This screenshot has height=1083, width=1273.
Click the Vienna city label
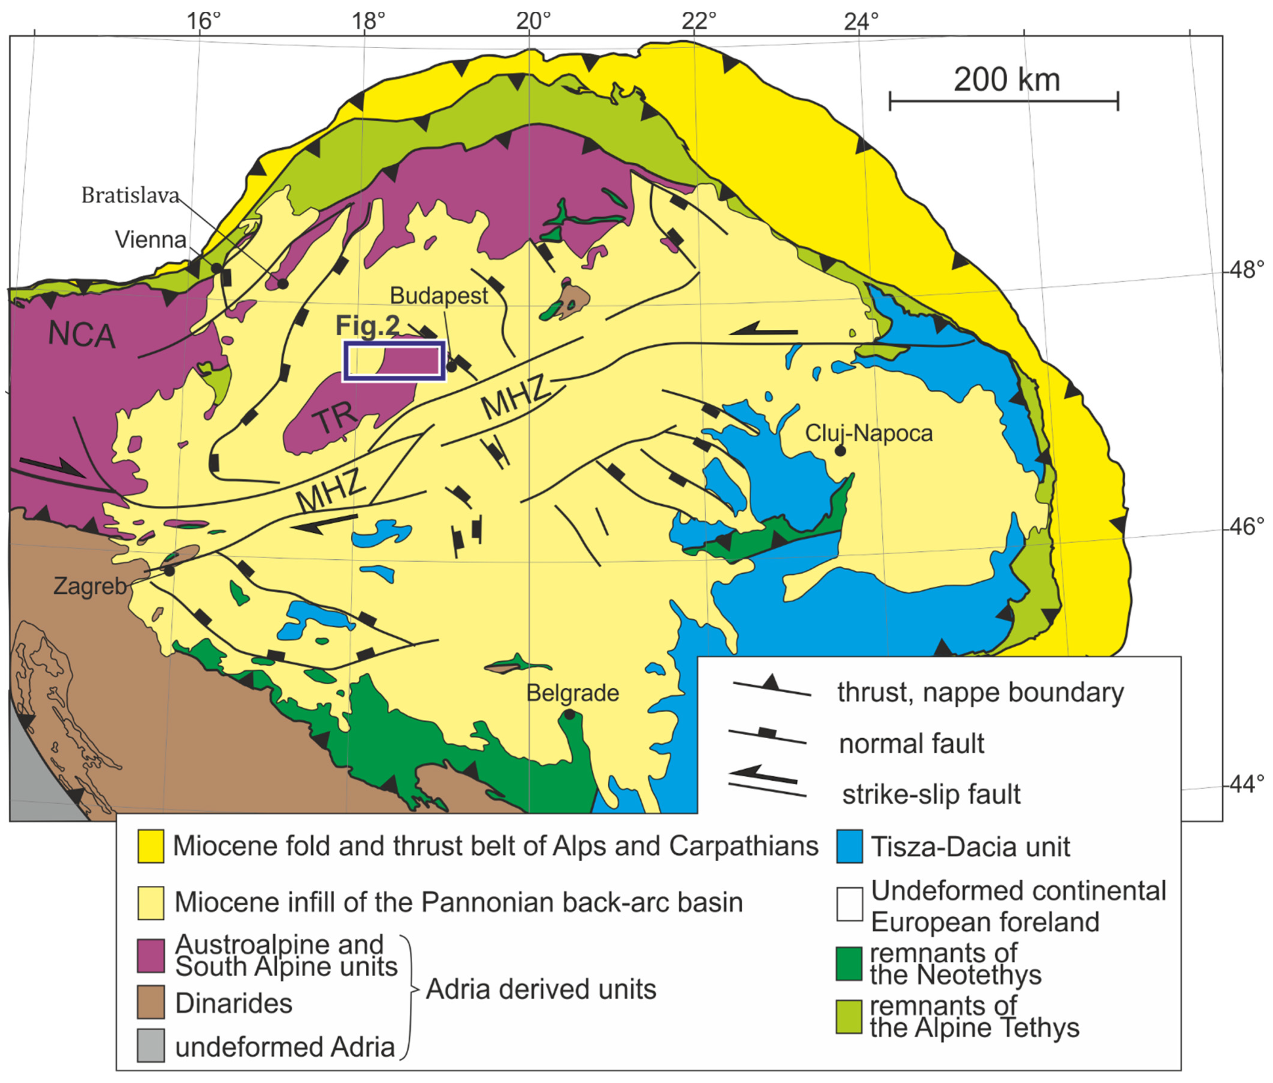click(x=151, y=239)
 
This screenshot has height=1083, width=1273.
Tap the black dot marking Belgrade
click(x=570, y=714)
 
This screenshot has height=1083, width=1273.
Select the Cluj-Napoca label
click(x=868, y=433)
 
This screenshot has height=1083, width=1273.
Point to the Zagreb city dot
click(x=169, y=570)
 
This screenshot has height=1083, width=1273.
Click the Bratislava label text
click(x=130, y=196)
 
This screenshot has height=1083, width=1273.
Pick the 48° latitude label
click(x=1246, y=269)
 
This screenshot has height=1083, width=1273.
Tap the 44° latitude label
click(x=1246, y=783)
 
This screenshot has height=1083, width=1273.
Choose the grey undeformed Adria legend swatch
click(x=151, y=1046)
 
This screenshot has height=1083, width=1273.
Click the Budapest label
click(x=439, y=296)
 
